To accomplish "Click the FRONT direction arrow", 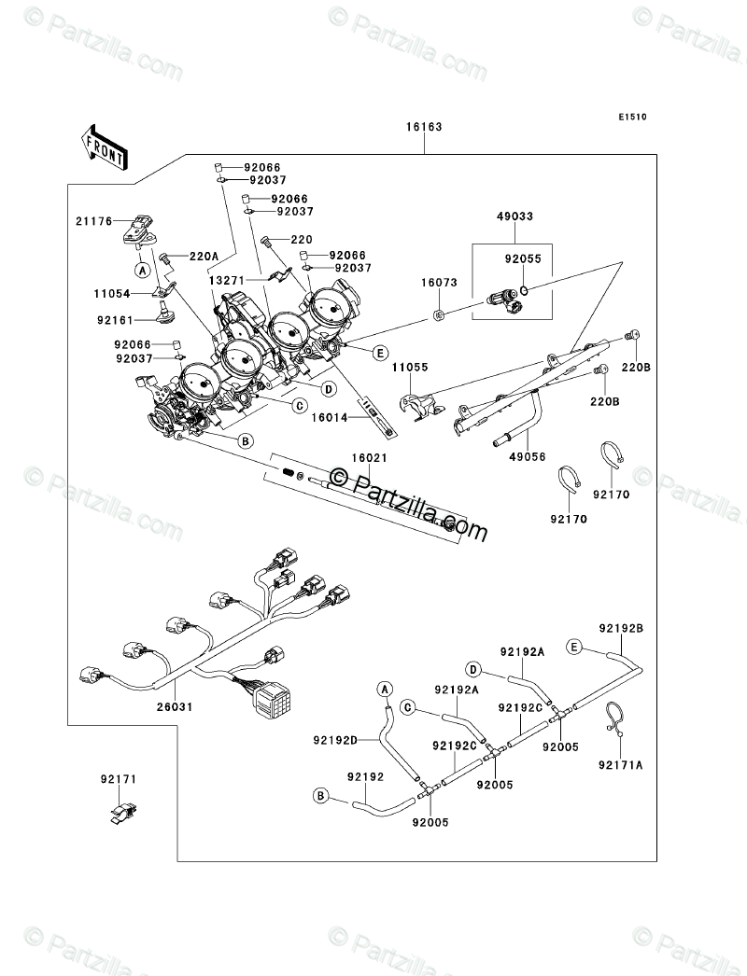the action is [x=104, y=146].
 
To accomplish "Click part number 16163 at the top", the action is [x=424, y=127].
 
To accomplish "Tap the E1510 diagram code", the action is [x=632, y=117].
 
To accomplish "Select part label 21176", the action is [x=94, y=221].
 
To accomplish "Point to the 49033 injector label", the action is [x=514, y=216].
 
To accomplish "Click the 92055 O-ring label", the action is [x=523, y=259].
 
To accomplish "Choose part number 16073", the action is [x=439, y=283].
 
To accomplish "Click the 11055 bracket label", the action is [x=410, y=368].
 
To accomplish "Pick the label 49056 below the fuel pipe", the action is [x=527, y=457].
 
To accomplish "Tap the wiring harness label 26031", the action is [x=175, y=707].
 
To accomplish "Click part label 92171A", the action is [x=621, y=766].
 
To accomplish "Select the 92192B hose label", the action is [x=621, y=629].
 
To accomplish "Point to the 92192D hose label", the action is [x=335, y=740].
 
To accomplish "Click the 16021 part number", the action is [x=369, y=458].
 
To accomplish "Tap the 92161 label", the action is [x=115, y=321].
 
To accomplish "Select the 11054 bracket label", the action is [x=112, y=294].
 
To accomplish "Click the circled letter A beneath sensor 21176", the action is [x=142, y=271].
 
